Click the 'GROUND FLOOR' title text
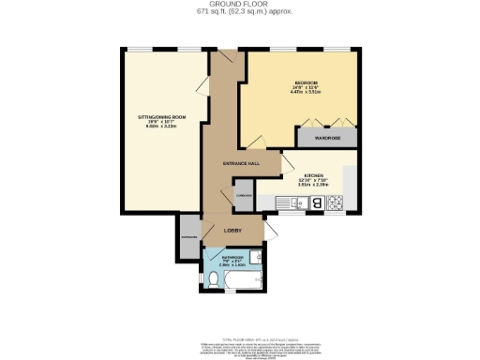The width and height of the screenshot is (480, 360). pos(239,4)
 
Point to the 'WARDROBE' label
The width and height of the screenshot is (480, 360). pos(327,138)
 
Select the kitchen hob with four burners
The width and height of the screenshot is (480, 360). pos(335,203)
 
